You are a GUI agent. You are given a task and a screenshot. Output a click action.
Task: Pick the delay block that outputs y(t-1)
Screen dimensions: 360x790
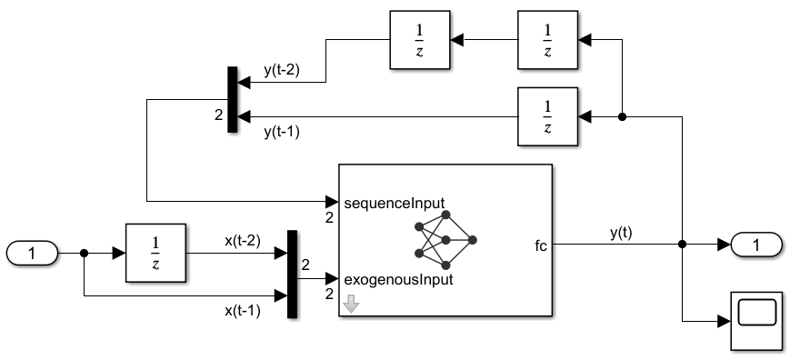pos(546,116)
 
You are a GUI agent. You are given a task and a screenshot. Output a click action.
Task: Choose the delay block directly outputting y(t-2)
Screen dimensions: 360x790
pos(419,40)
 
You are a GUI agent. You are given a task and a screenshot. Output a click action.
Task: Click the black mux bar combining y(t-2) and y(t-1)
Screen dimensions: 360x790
pos(232,99)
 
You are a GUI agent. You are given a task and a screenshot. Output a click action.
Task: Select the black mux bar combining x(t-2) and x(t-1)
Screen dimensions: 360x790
pos(292,274)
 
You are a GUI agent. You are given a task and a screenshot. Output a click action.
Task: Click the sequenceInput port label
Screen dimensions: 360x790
pos(388,201)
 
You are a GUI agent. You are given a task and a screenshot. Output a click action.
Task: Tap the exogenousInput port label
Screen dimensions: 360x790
pos(393,279)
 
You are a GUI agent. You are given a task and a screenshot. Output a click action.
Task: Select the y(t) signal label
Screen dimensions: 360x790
pos(622,232)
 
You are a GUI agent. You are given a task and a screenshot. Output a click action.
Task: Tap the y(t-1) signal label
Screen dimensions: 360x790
pos(281,132)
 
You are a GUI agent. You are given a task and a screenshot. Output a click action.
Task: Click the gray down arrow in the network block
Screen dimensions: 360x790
pos(350,305)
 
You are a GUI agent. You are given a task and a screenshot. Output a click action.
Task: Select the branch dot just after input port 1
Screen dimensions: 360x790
pos(84,254)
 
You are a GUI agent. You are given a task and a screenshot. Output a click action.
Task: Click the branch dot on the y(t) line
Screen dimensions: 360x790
pos(682,244)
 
